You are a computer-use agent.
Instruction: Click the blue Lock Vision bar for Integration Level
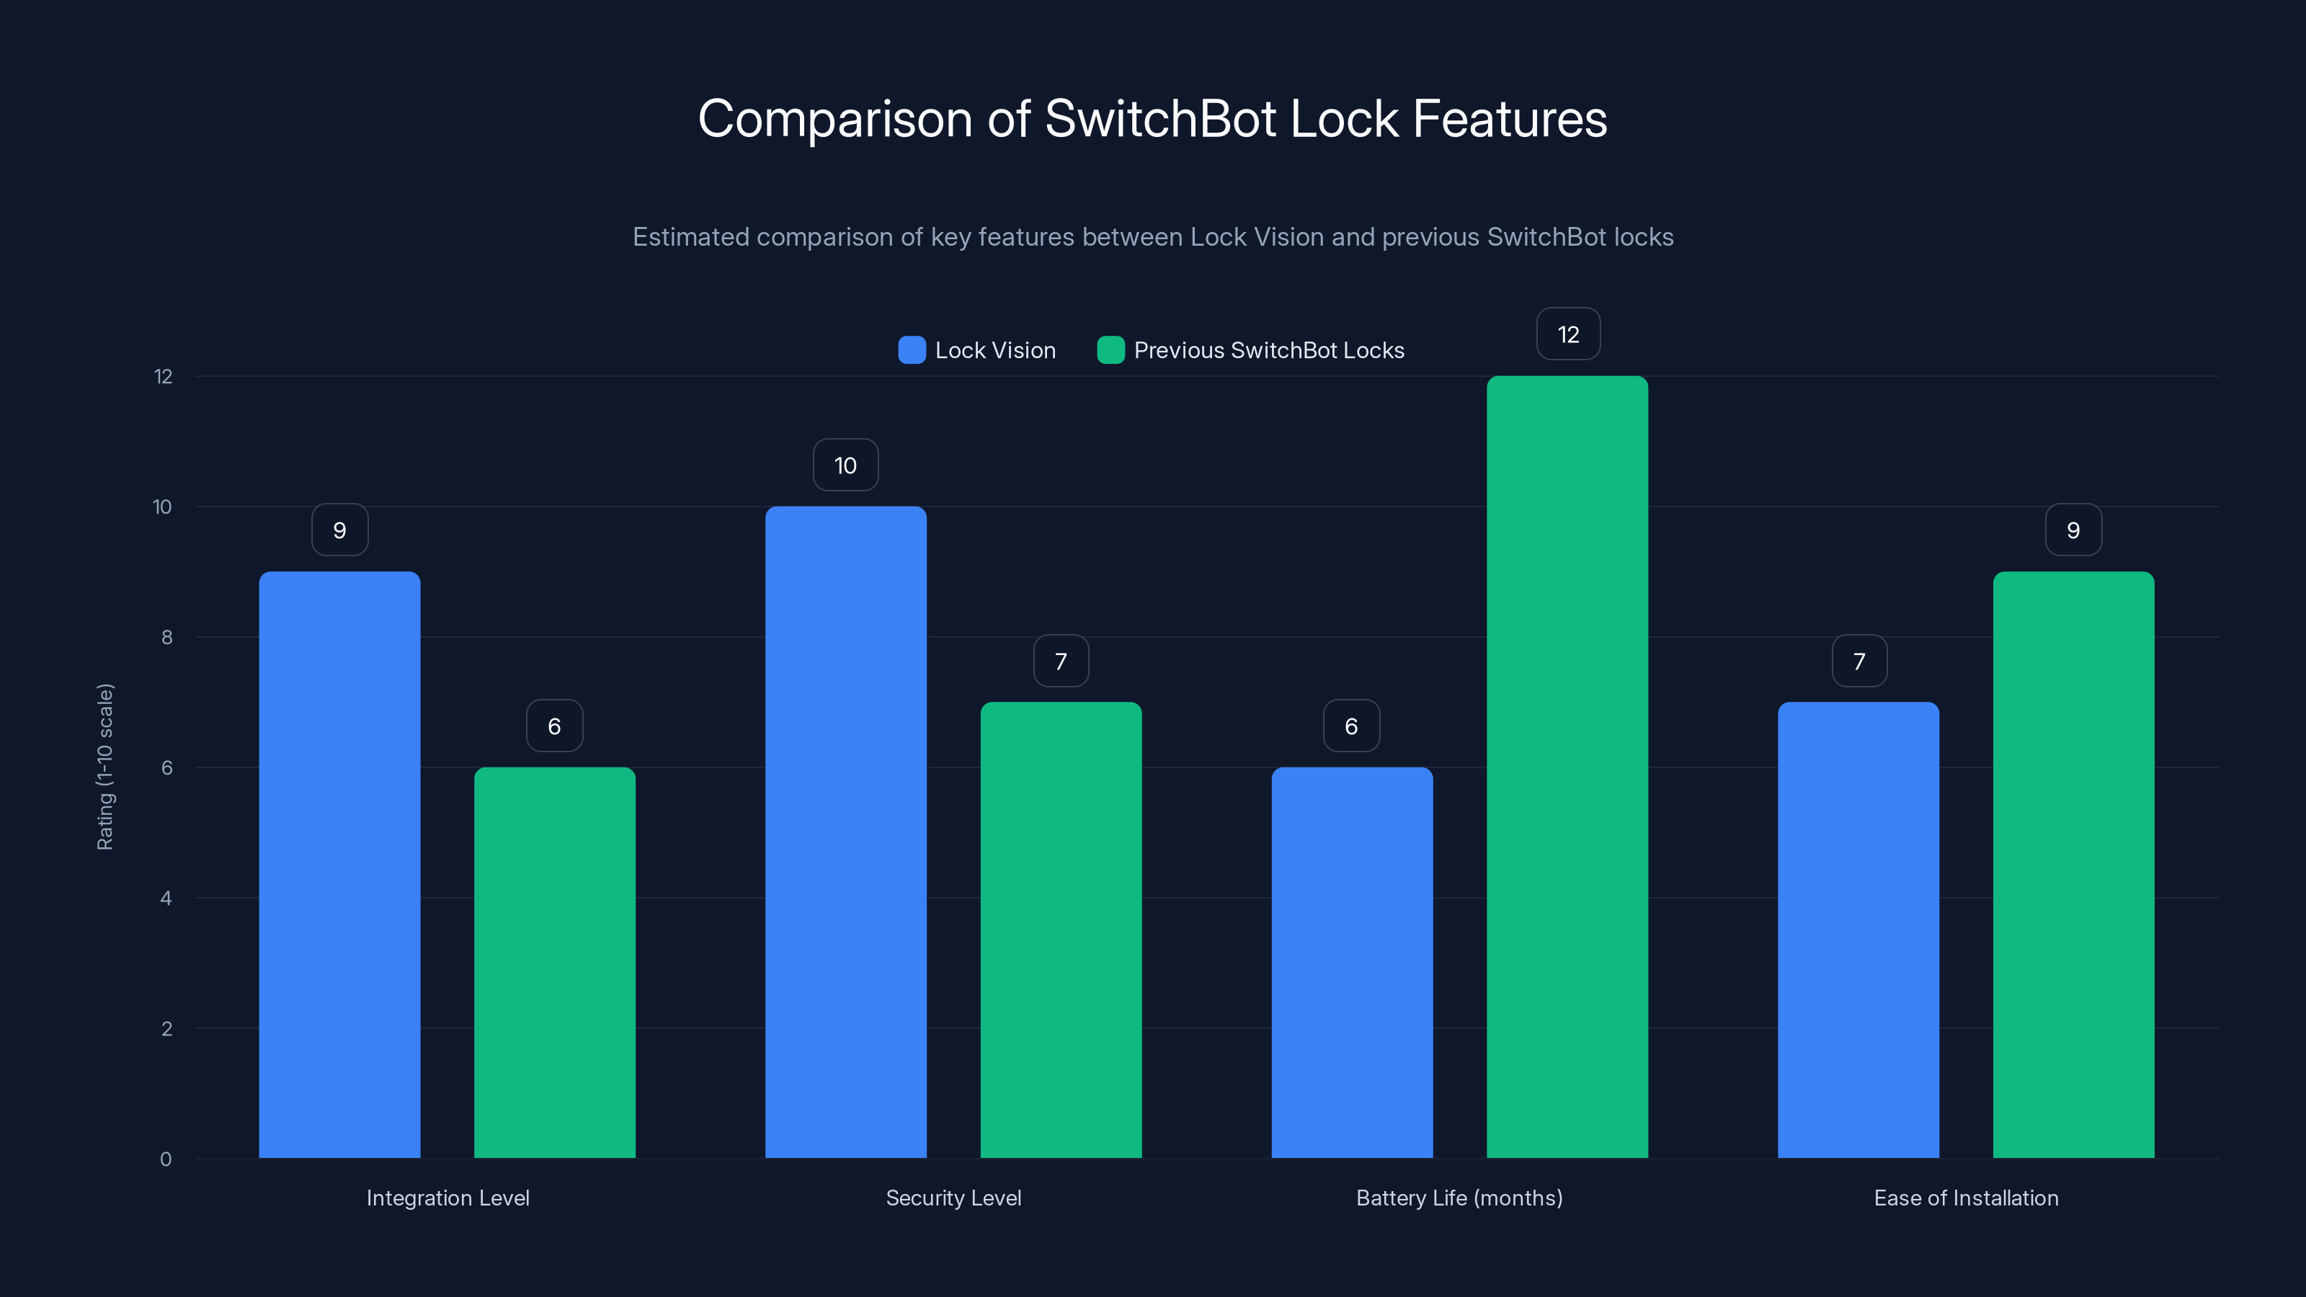click(x=339, y=864)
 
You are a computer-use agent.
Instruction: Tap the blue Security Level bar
click(x=845, y=832)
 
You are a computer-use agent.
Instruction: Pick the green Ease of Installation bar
click(x=2073, y=864)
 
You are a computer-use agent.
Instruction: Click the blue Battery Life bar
click(x=1352, y=962)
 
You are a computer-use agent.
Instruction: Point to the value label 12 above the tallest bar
click(x=1568, y=335)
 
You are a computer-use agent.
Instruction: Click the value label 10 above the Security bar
click(x=845, y=465)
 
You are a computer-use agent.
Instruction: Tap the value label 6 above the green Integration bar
click(x=554, y=726)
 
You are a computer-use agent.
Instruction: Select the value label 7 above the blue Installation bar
click(x=1859, y=661)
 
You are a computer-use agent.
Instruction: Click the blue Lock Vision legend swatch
click(x=912, y=350)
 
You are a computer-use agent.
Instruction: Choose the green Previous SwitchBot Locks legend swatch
click(x=1110, y=350)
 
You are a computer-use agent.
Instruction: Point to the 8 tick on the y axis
click(x=166, y=637)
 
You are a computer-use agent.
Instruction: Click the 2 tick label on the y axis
click(x=166, y=1028)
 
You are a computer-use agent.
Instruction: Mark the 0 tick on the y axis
click(x=166, y=1159)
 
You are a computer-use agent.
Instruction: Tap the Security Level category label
click(x=953, y=1198)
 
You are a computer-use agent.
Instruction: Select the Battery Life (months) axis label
click(x=1459, y=1198)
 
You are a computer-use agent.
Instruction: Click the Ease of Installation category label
click(x=1966, y=1198)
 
